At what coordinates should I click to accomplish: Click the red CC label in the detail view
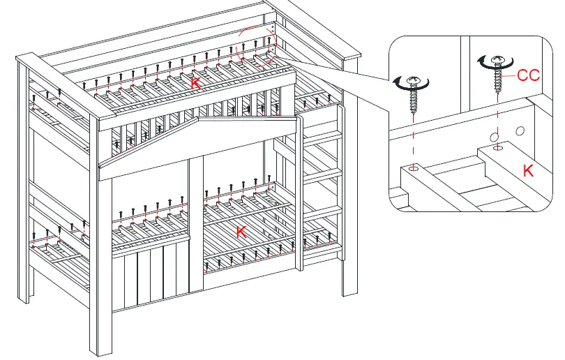point(528,75)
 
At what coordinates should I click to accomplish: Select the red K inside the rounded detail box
point(529,170)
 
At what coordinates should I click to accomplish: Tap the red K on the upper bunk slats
point(195,83)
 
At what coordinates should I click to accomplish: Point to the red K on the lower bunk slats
point(241,232)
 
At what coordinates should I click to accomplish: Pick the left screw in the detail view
point(414,94)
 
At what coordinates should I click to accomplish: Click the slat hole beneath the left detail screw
point(415,168)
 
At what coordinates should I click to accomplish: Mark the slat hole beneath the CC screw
point(497,148)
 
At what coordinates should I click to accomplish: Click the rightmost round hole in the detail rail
point(520,130)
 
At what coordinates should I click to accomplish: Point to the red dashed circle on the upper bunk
point(256,47)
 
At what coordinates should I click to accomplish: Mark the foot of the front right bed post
point(349,290)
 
